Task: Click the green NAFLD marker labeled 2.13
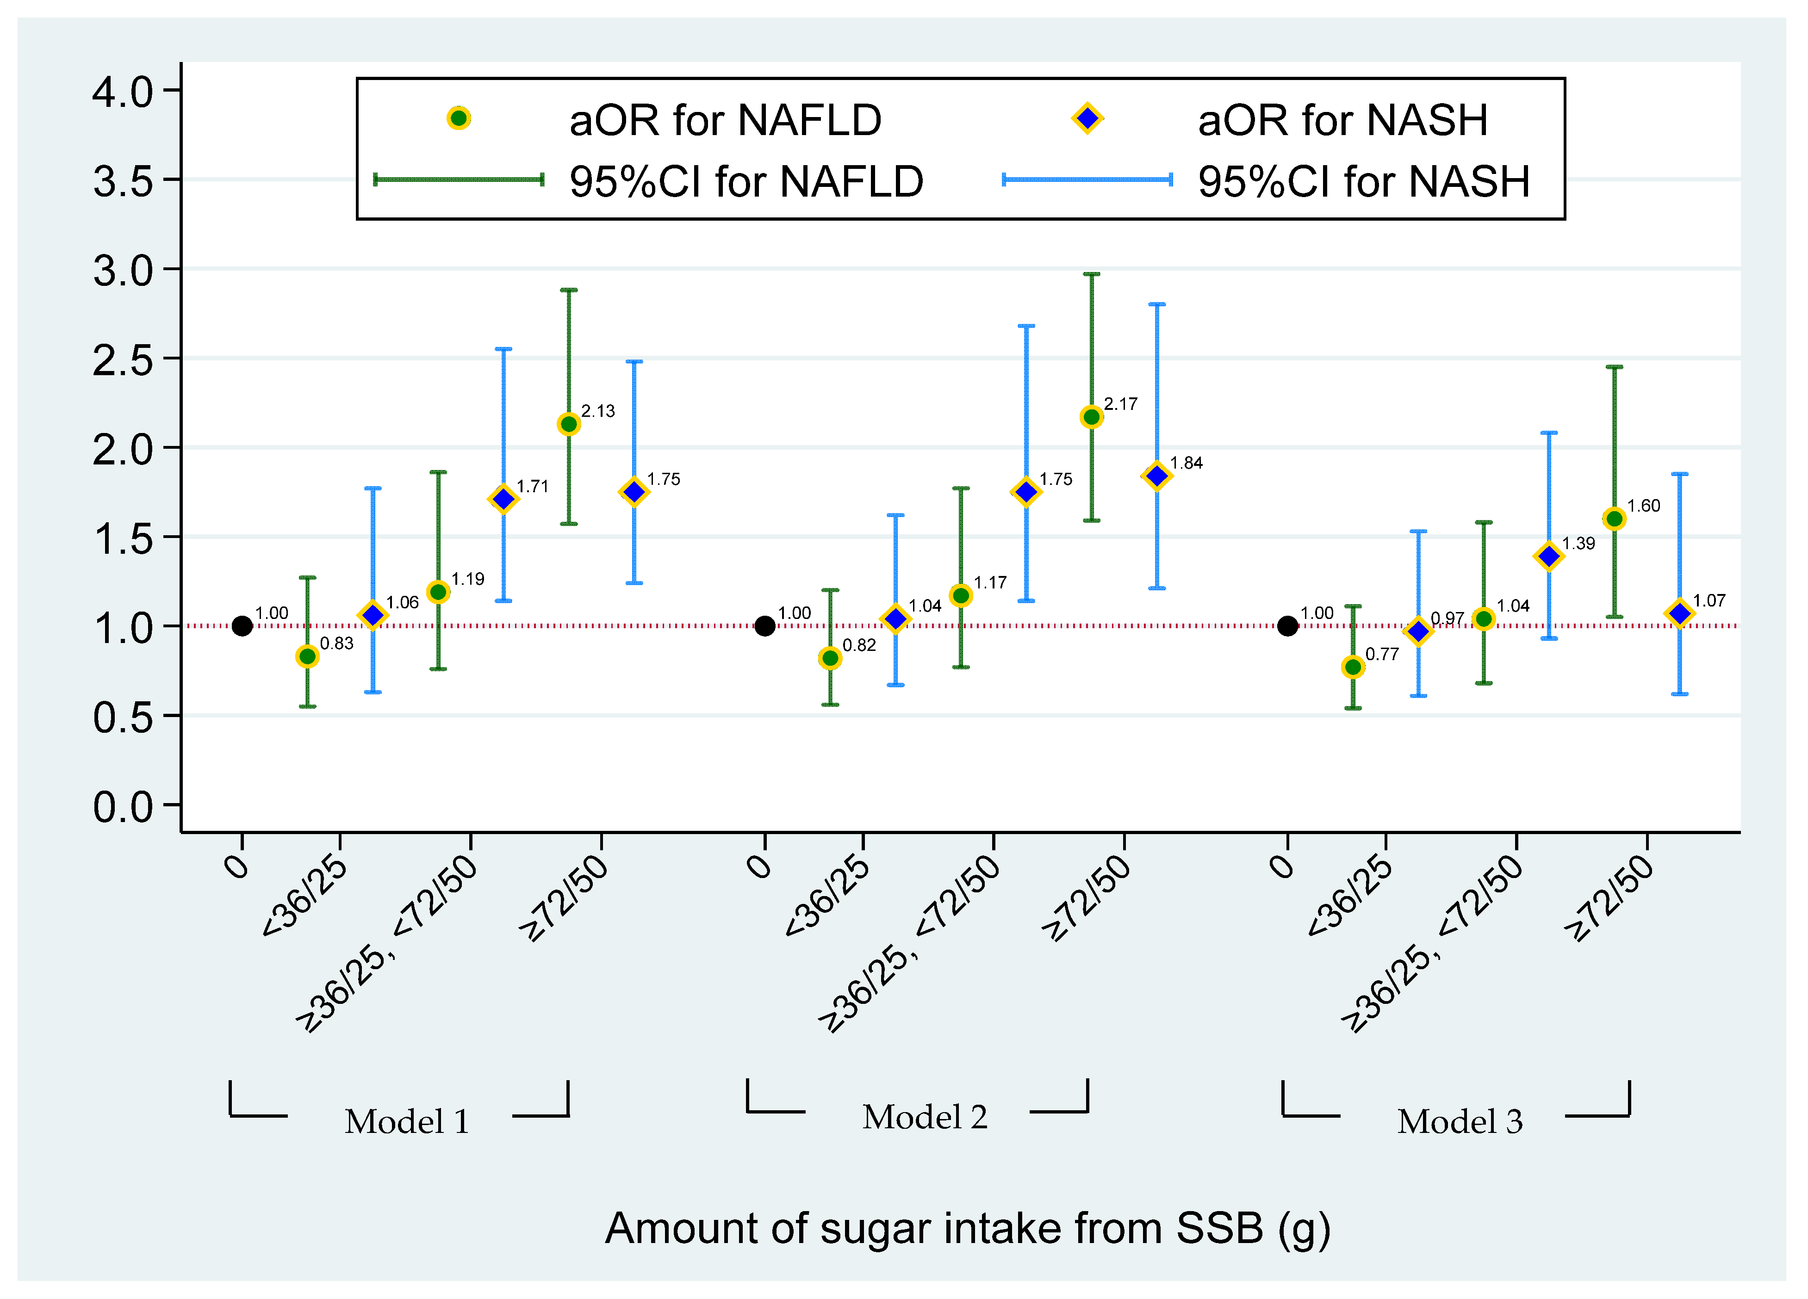pos(568,424)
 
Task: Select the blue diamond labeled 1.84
pos(1157,476)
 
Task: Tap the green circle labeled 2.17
pos(1091,417)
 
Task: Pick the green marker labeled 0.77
pos(1353,667)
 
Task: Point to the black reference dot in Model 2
pos(764,625)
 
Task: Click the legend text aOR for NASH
pos(1342,120)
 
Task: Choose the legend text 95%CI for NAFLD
pos(746,182)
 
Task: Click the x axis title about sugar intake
pos(968,1228)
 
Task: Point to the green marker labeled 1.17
pos(961,595)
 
